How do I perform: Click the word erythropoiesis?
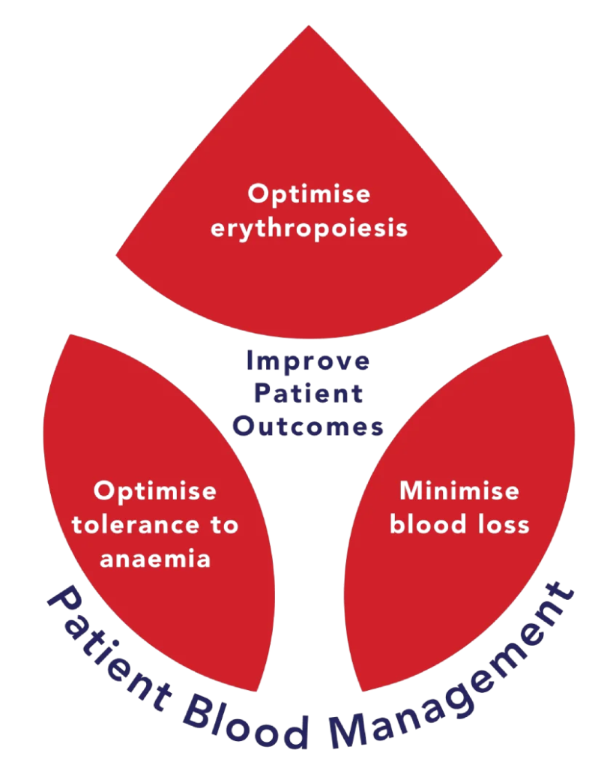pos(309,227)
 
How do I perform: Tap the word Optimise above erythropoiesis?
pos(309,194)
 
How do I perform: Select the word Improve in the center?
pos(308,361)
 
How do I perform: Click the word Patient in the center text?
pos(308,394)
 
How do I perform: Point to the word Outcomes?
pos(308,427)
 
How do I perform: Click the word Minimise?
pos(459,491)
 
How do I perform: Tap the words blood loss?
pos(459,524)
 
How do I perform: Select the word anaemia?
pos(155,559)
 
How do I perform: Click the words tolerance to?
pos(155,525)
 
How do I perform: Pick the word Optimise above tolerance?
pos(155,491)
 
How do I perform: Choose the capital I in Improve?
pos(250,361)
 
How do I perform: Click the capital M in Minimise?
pos(409,491)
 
